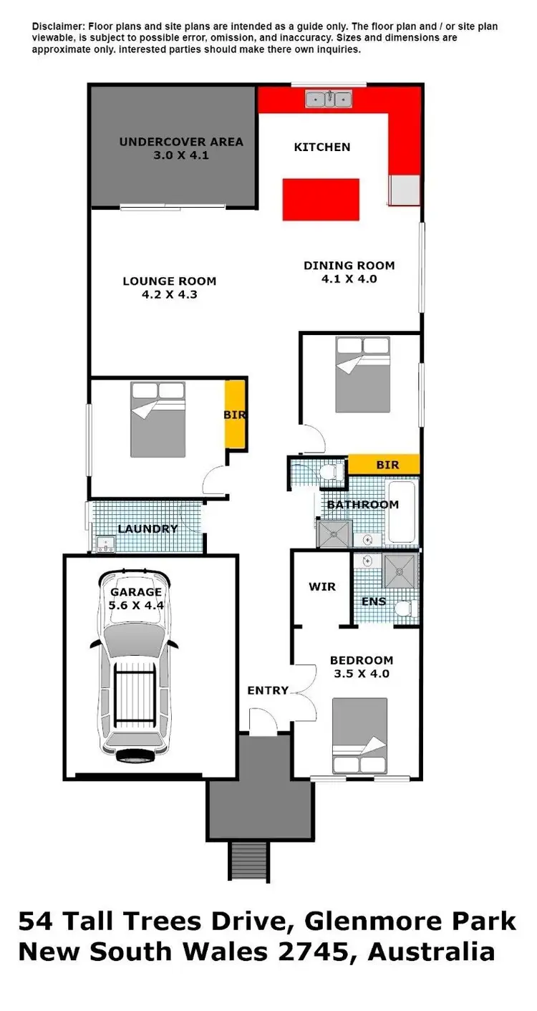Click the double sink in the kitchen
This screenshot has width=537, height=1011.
coord(329,99)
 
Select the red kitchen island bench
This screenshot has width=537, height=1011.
coord(320,200)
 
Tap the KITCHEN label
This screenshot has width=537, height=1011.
coord(322,147)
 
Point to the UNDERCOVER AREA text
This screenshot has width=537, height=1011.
coord(180,142)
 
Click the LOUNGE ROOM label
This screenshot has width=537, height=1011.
coord(169,281)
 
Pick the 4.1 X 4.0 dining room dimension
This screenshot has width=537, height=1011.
coord(349,279)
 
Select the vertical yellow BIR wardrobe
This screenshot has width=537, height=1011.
coord(236,415)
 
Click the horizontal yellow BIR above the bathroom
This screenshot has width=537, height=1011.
coord(384,465)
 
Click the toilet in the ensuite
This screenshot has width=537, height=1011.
coord(406,608)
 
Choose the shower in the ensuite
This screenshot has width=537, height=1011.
coord(400,571)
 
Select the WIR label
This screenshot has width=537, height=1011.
coord(321,586)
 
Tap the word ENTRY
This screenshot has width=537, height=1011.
coord(268,690)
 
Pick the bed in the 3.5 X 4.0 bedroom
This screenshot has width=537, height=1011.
coord(359,737)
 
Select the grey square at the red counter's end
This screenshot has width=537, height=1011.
coord(405,190)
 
